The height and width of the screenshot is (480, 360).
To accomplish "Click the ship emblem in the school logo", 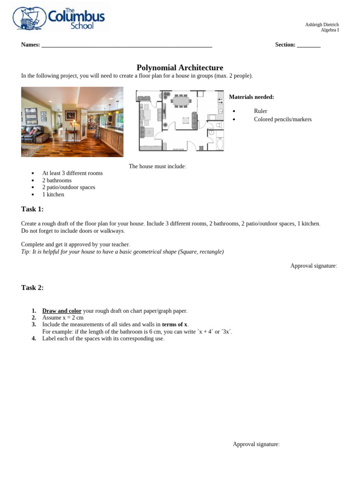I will click(29, 18).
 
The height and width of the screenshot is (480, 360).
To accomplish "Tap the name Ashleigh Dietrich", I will click(322, 24).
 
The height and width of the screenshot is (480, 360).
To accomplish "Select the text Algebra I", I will click(330, 30).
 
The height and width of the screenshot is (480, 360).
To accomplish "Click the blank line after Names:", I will click(127, 45).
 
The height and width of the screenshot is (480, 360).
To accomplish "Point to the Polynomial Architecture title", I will click(180, 67).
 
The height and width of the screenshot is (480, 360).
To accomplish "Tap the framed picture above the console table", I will click(70, 115).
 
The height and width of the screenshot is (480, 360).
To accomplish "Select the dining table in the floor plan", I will click(181, 100).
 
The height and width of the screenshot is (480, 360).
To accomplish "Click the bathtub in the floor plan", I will click(220, 143).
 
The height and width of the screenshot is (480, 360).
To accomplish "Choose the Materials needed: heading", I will click(251, 97).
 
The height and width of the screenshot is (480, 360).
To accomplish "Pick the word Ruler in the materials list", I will click(261, 111).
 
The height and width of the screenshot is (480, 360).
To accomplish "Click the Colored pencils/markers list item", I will click(283, 119).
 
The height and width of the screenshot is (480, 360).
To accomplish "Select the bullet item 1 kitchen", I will click(53, 195).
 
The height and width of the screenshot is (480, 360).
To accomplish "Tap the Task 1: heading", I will click(32, 209).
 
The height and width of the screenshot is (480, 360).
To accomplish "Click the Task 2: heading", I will click(32, 288).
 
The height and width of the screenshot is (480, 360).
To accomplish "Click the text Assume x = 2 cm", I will click(63, 318).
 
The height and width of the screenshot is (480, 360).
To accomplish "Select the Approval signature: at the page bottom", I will click(256, 444).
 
